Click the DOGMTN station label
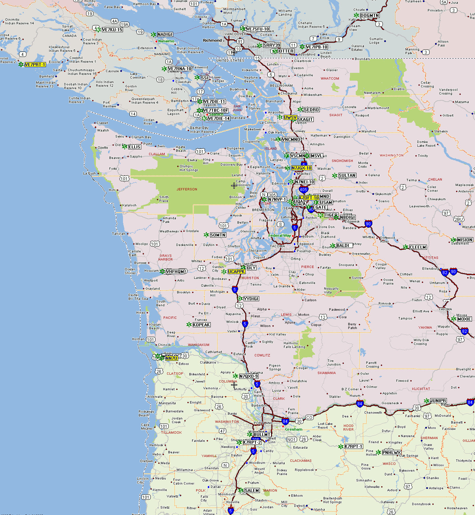click(370, 16)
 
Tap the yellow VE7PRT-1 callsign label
click(35, 65)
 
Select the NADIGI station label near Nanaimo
click(165, 35)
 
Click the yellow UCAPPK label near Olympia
click(236, 272)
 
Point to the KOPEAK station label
click(202, 325)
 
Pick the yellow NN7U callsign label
click(171, 358)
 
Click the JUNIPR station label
click(438, 401)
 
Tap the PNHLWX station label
click(391, 453)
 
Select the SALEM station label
click(252, 491)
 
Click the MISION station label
click(465, 240)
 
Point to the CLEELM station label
click(418, 247)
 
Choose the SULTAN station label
click(347, 176)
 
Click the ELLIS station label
click(135, 147)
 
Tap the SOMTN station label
click(218, 235)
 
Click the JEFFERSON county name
click(187, 189)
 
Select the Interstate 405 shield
click(303, 190)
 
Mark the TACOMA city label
click(277, 246)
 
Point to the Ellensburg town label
click(430, 269)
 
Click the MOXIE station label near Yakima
click(464, 319)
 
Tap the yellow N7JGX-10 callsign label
click(302, 168)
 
